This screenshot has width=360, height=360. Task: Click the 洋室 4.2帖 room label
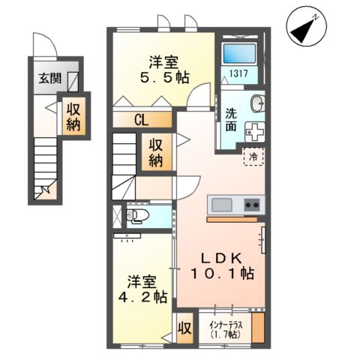145,289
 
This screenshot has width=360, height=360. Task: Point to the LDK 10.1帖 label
224,265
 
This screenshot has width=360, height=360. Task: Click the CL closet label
142,119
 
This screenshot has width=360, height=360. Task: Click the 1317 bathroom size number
238,73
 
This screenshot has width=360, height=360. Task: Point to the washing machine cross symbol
256,132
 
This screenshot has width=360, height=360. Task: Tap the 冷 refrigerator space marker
254,157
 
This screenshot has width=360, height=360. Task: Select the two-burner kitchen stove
251,205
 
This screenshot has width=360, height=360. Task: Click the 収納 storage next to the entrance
75,116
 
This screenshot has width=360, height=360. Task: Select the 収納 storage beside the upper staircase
157,152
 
